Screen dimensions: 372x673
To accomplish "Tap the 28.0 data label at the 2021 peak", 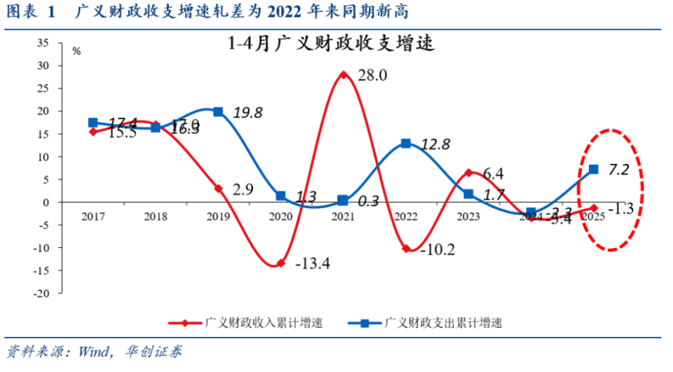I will point(372,76).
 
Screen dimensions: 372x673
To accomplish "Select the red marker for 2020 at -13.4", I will point(281,263).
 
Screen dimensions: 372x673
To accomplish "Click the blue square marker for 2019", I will point(218,112).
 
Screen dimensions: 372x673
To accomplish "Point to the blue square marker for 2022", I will point(406,144).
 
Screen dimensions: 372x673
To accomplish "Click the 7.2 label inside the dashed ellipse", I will point(618,170).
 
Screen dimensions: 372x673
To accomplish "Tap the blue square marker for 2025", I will point(593,169).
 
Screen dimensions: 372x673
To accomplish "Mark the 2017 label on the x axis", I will point(93,216).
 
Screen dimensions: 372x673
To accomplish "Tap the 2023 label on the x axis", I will point(468,216).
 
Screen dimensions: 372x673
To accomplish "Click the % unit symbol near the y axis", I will point(76,51).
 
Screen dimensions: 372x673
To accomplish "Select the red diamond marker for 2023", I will point(468,172).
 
